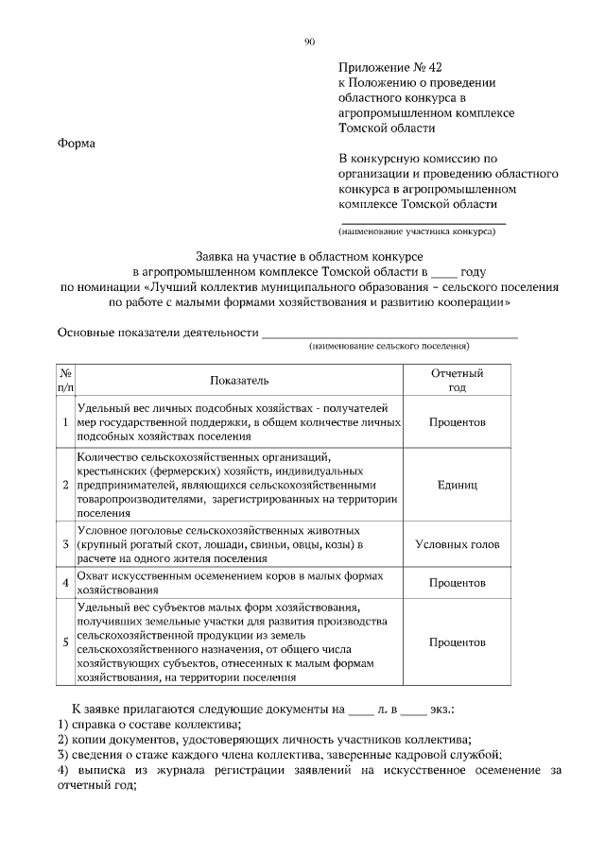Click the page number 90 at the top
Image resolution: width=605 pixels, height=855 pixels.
[x=309, y=41]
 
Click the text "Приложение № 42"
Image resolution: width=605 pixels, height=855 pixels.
[x=389, y=67]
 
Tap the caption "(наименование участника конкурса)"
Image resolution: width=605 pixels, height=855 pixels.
[x=417, y=231]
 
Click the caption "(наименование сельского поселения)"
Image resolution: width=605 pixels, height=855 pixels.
[x=389, y=347]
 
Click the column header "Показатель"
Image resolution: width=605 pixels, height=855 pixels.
[x=239, y=380]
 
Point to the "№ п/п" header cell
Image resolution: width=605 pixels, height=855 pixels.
[x=65, y=380]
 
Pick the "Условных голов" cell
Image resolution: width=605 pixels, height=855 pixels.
[x=457, y=544]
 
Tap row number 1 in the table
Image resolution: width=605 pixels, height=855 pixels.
[x=65, y=421]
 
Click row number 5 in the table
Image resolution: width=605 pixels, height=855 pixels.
[x=65, y=642]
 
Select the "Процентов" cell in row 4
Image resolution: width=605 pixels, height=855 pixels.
[x=457, y=583]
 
